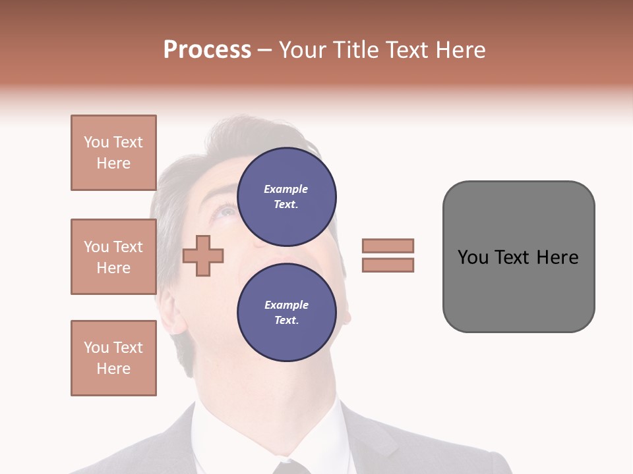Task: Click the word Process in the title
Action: coord(207,50)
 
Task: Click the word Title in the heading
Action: coord(356,50)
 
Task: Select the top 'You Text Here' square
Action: coord(113,153)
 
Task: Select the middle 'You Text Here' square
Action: coord(113,257)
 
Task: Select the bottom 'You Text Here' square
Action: coord(113,357)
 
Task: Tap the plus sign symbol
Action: coord(203,255)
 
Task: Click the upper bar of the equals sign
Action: coord(388,246)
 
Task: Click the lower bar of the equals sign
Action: coord(388,265)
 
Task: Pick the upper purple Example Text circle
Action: coord(286,196)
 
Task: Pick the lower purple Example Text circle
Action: coord(286,312)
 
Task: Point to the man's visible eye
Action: coord(226,212)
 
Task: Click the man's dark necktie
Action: coord(290,467)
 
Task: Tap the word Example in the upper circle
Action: coord(286,190)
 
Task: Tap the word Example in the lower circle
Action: coord(286,305)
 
